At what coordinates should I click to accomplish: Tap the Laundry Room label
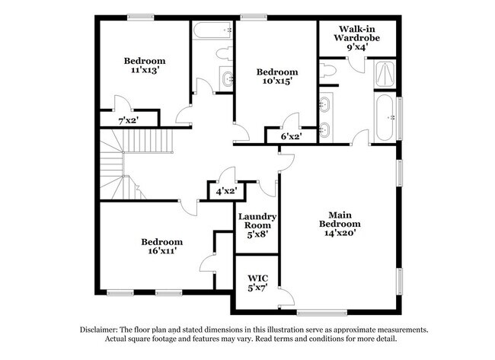pos(257,221)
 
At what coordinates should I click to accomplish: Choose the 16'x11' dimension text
pos(161,251)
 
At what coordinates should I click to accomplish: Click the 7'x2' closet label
pos(128,120)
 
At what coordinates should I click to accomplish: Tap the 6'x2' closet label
pos(291,137)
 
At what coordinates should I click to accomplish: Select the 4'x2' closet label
pos(225,191)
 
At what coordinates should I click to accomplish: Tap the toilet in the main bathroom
pos(330,71)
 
